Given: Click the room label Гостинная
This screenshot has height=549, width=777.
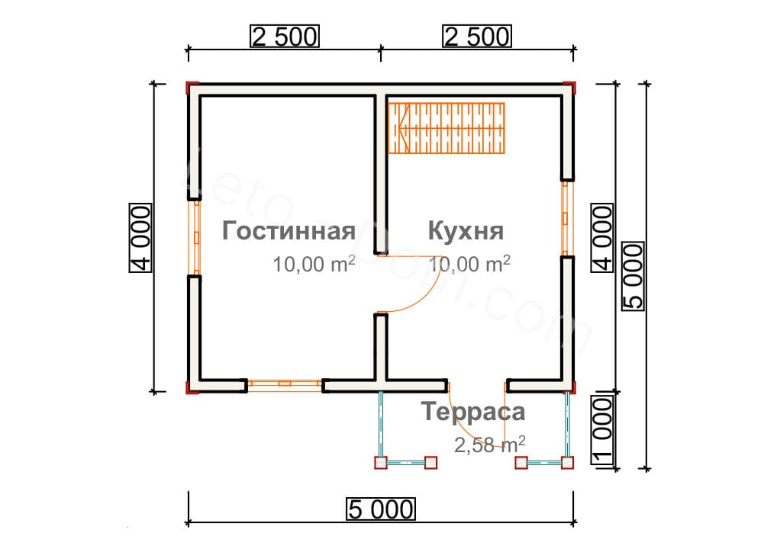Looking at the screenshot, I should click(289, 231).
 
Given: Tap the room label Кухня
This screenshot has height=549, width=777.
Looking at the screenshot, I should click(465, 231).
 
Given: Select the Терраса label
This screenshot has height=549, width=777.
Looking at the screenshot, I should click(473, 413).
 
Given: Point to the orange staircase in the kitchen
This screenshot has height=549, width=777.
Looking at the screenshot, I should click(447, 127).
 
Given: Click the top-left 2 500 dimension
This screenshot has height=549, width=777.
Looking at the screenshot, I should click(282, 37).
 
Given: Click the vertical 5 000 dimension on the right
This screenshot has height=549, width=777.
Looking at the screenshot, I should click(634, 275).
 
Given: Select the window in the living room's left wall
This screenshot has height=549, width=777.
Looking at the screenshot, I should click(195, 237).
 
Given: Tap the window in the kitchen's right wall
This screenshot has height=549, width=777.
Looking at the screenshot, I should click(566, 218).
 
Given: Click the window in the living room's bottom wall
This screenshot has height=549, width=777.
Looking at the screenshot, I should click(284, 385).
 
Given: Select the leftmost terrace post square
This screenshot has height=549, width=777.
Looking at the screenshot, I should click(379, 462).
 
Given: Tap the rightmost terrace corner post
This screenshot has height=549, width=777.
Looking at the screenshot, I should click(567, 462).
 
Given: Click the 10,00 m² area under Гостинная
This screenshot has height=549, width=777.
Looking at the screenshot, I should click(314, 265).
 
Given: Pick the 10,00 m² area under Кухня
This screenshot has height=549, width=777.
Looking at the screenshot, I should click(469, 265).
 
